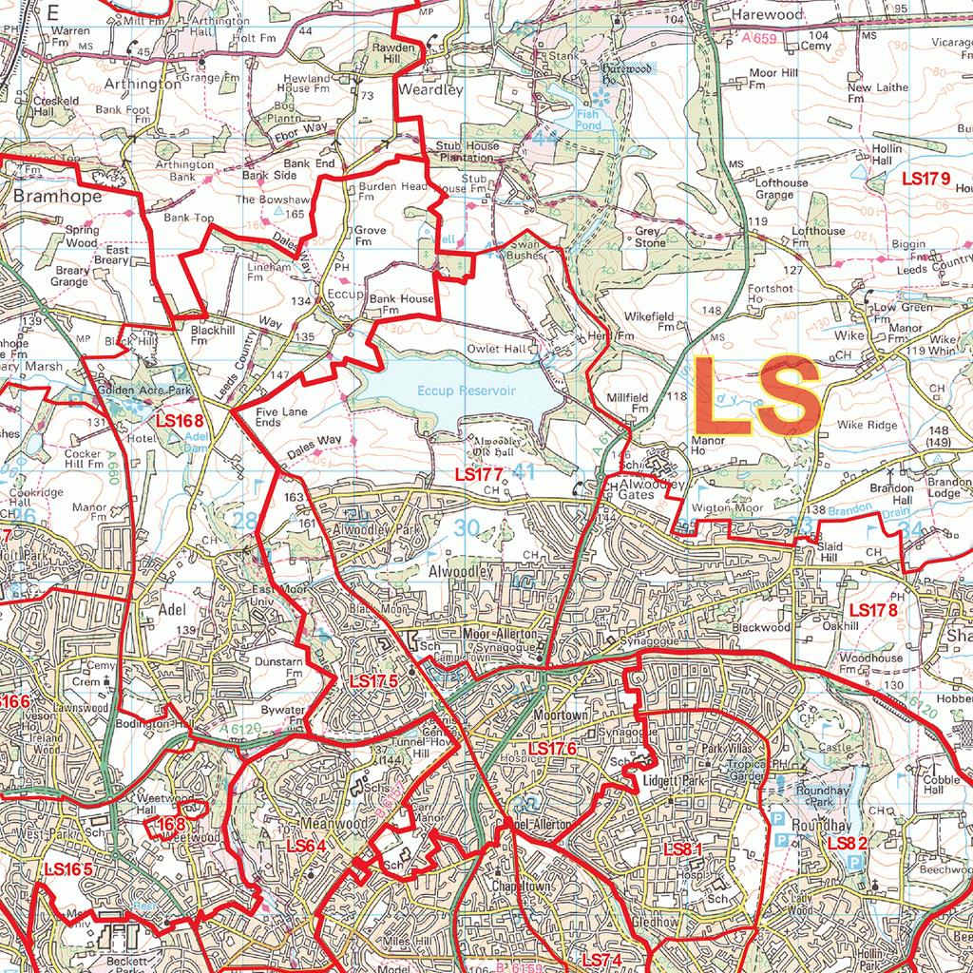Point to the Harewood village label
coord(767,15)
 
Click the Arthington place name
coord(143,84)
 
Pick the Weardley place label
coord(430,90)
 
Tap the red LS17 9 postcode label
coord(925,178)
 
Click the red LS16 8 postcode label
coord(181,419)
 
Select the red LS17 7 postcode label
coord(479,473)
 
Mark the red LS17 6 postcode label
coord(553,749)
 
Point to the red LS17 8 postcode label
coord(873,610)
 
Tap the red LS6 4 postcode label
coord(306,845)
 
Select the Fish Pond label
coord(589,119)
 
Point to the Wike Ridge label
coord(867,425)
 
